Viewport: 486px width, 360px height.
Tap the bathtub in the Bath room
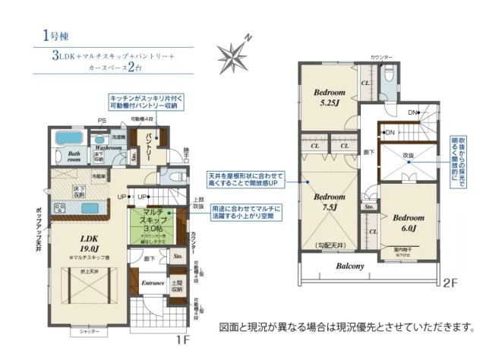pyautogui.click(x=69, y=139)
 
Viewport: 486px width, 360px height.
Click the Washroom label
pyautogui.click(x=109, y=147)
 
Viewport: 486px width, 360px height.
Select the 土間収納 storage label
pyautogui.click(x=176, y=286)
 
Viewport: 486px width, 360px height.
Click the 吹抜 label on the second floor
pyautogui.click(x=409, y=155)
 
